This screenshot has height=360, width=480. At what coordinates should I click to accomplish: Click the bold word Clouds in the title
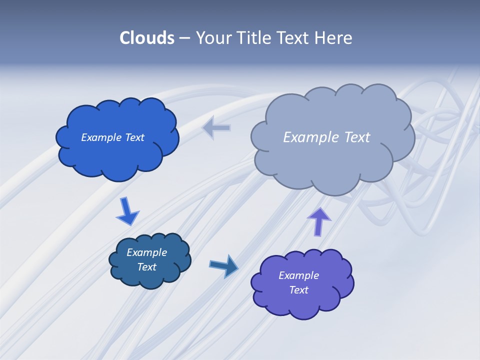tap(147, 38)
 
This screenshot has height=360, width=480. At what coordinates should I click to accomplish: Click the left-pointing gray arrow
tap(216, 128)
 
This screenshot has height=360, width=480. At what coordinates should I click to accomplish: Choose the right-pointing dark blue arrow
tap(223, 265)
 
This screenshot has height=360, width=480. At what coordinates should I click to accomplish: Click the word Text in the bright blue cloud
tap(134, 137)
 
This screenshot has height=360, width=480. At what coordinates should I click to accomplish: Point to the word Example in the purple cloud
tap(298, 275)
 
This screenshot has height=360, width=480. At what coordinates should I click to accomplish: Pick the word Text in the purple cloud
tap(298, 290)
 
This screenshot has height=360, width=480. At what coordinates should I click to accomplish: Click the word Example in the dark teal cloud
tap(146, 252)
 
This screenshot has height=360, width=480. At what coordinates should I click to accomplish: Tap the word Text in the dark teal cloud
tap(146, 267)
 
